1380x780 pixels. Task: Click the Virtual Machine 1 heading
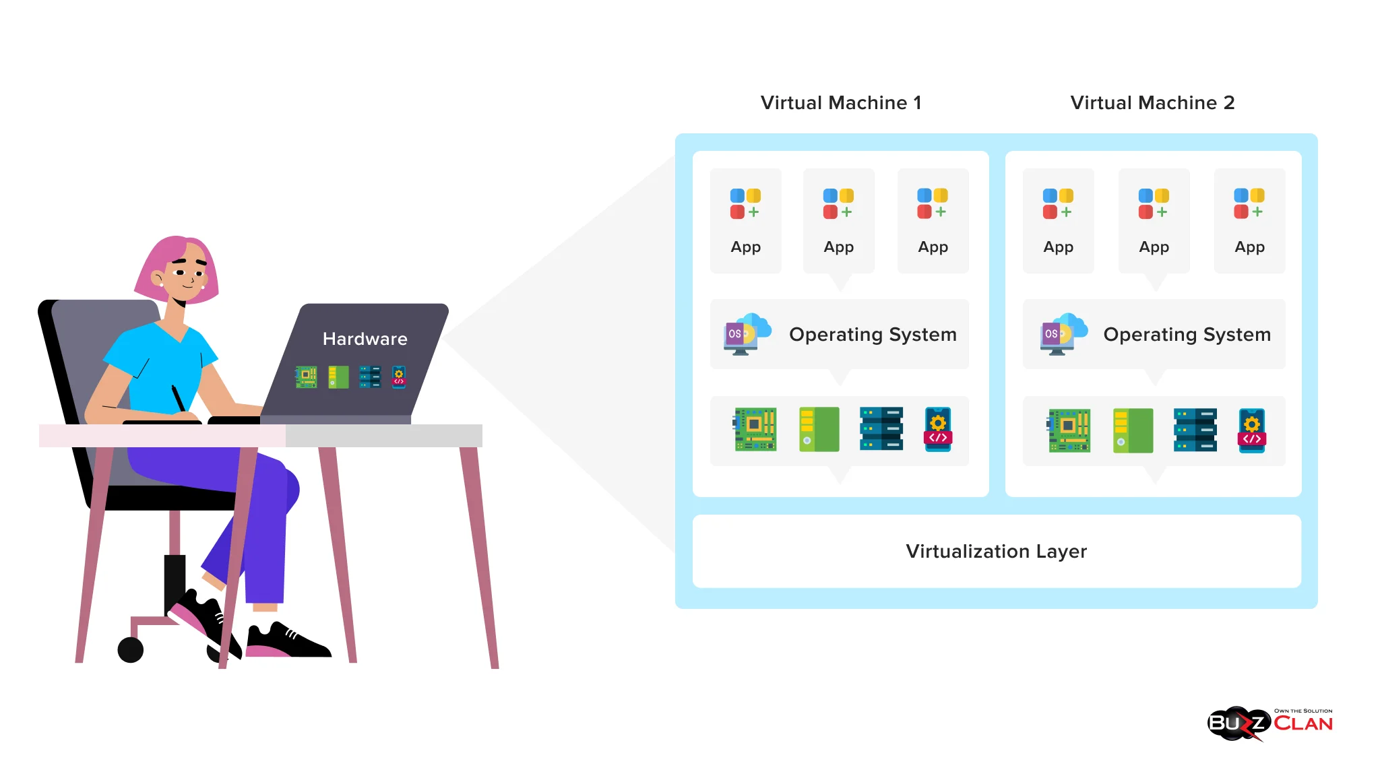(840, 103)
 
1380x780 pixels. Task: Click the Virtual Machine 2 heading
(1152, 103)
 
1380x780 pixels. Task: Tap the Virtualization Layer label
(996, 552)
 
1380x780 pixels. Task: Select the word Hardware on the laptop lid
(365, 339)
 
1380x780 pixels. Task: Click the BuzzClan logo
(1269, 723)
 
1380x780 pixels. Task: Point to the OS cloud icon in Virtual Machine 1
(747, 333)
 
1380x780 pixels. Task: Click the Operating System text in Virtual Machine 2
(1187, 335)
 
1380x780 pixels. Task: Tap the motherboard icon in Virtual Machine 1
(755, 429)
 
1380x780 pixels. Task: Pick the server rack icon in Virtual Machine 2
(1195, 430)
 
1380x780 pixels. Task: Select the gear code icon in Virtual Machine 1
(938, 429)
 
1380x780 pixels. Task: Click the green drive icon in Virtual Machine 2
(1133, 430)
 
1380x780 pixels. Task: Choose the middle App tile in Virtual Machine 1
(839, 220)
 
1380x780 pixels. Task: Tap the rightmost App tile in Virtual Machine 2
(1249, 220)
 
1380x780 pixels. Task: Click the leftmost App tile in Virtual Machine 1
(745, 220)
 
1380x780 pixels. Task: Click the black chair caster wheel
(131, 650)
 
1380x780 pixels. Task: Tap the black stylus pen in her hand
(178, 398)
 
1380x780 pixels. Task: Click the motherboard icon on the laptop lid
(306, 377)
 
